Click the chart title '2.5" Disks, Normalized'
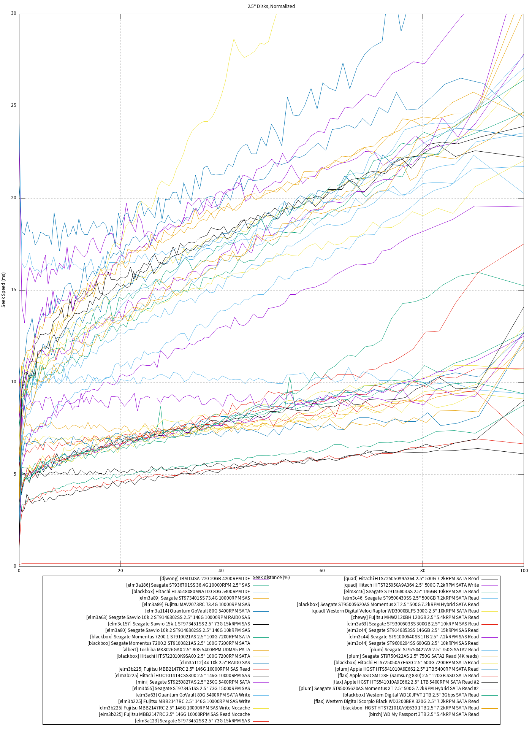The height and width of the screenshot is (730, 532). [271, 6]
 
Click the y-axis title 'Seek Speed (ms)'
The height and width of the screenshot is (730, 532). [4, 290]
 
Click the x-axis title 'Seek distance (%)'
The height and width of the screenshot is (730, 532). [271, 578]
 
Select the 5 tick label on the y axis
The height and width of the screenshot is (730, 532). [15, 474]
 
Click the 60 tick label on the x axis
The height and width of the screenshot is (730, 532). [322, 571]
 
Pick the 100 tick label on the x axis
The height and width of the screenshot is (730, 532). [524, 571]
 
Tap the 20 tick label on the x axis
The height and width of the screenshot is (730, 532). [120, 571]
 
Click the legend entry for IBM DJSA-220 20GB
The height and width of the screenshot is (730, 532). [205, 579]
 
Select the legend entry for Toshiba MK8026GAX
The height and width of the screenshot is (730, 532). [186, 650]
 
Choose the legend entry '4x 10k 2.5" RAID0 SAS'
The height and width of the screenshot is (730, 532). [215, 663]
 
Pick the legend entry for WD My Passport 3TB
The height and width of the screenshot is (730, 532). [424, 714]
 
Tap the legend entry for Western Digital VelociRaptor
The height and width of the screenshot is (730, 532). [395, 611]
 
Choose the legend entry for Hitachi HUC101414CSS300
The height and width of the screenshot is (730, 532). [182, 676]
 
